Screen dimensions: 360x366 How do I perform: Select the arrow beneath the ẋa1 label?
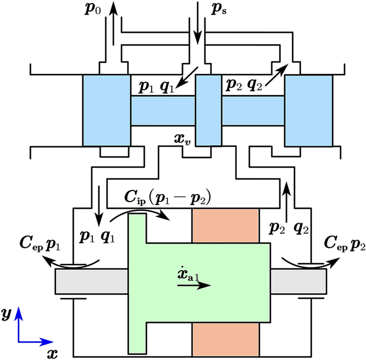195,286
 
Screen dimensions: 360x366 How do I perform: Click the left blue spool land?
106,110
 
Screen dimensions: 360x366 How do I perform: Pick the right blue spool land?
308,110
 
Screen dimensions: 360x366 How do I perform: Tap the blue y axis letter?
6,314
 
